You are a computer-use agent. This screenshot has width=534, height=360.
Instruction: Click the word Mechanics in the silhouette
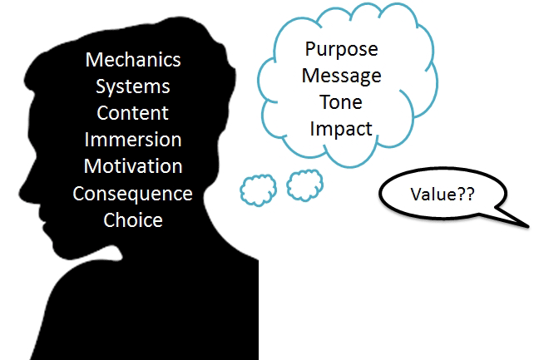[133, 60]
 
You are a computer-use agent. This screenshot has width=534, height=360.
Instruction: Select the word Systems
[133, 86]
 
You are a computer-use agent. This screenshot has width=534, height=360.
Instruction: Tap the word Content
[133, 112]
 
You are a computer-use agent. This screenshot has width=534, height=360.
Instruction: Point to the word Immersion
[133, 140]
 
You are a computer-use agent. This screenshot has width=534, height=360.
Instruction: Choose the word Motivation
[133, 166]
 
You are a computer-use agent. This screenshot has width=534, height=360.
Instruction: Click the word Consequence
[133, 194]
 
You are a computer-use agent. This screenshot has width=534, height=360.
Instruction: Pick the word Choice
[133, 220]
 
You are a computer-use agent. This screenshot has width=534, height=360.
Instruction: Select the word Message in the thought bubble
[342, 76]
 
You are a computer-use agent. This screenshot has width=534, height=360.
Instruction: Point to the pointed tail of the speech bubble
[527, 225]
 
